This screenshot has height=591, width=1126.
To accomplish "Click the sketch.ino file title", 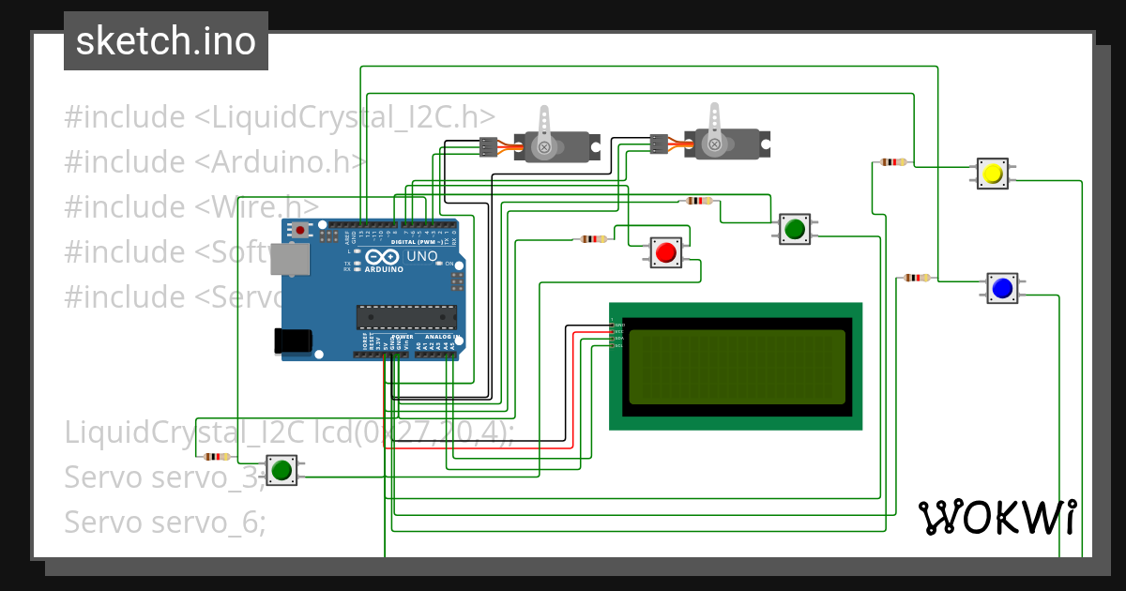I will tap(166, 41).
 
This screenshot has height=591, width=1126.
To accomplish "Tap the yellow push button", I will tap(992, 174).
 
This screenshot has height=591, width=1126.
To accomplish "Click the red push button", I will tap(666, 252).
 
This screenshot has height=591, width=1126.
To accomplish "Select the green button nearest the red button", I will tap(794, 228).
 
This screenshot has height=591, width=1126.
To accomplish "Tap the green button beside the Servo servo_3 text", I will tap(281, 469).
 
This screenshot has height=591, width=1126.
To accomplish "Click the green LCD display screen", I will tap(736, 367).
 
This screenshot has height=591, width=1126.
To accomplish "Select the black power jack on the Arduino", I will tap(291, 341).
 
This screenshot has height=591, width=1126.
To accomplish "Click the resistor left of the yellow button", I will tap(892, 162).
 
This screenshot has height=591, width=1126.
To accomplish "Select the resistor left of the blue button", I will tap(916, 278).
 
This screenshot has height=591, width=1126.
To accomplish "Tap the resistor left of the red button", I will tap(592, 239).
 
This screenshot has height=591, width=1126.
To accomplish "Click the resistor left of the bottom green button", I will tap(217, 457).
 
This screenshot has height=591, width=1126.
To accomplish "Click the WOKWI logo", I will tap(997, 517).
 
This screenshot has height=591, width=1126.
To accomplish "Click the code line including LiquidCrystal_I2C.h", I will tap(280, 117).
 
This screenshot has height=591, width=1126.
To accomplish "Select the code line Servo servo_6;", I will tap(165, 522).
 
